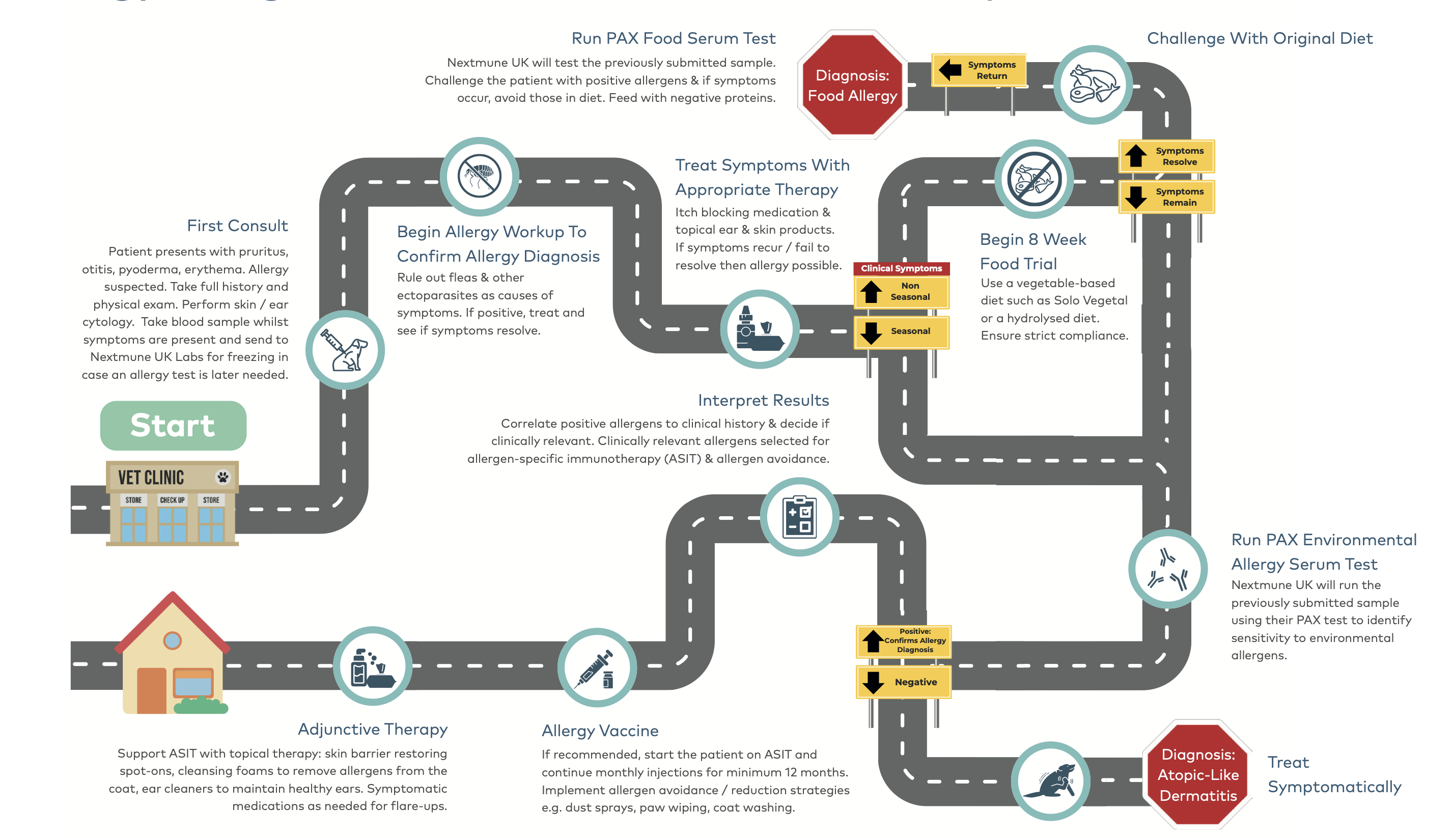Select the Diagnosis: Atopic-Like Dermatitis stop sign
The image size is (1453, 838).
tap(1198, 775)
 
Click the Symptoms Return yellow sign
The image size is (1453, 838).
tap(979, 70)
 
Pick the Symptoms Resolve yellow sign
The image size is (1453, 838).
tap(1166, 156)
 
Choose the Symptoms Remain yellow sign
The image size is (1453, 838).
tap(1166, 197)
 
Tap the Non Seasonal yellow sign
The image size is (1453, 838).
tap(901, 291)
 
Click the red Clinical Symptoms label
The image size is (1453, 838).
tap(901, 268)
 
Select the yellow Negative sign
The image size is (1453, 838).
tap(904, 682)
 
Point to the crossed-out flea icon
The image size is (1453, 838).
tap(480, 176)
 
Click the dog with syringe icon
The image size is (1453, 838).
tap(345, 350)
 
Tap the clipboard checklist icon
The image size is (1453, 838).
tap(799, 516)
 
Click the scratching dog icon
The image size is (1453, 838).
tap(1050, 781)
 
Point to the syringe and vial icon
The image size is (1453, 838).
tap(597, 667)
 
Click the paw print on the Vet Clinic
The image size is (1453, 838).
tap(222, 477)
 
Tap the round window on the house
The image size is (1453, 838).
tap(172, 640)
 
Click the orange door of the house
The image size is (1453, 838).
tap(151, 691)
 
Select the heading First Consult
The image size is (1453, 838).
tap(237, 226)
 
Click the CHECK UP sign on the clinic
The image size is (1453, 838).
tap(172, 499)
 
